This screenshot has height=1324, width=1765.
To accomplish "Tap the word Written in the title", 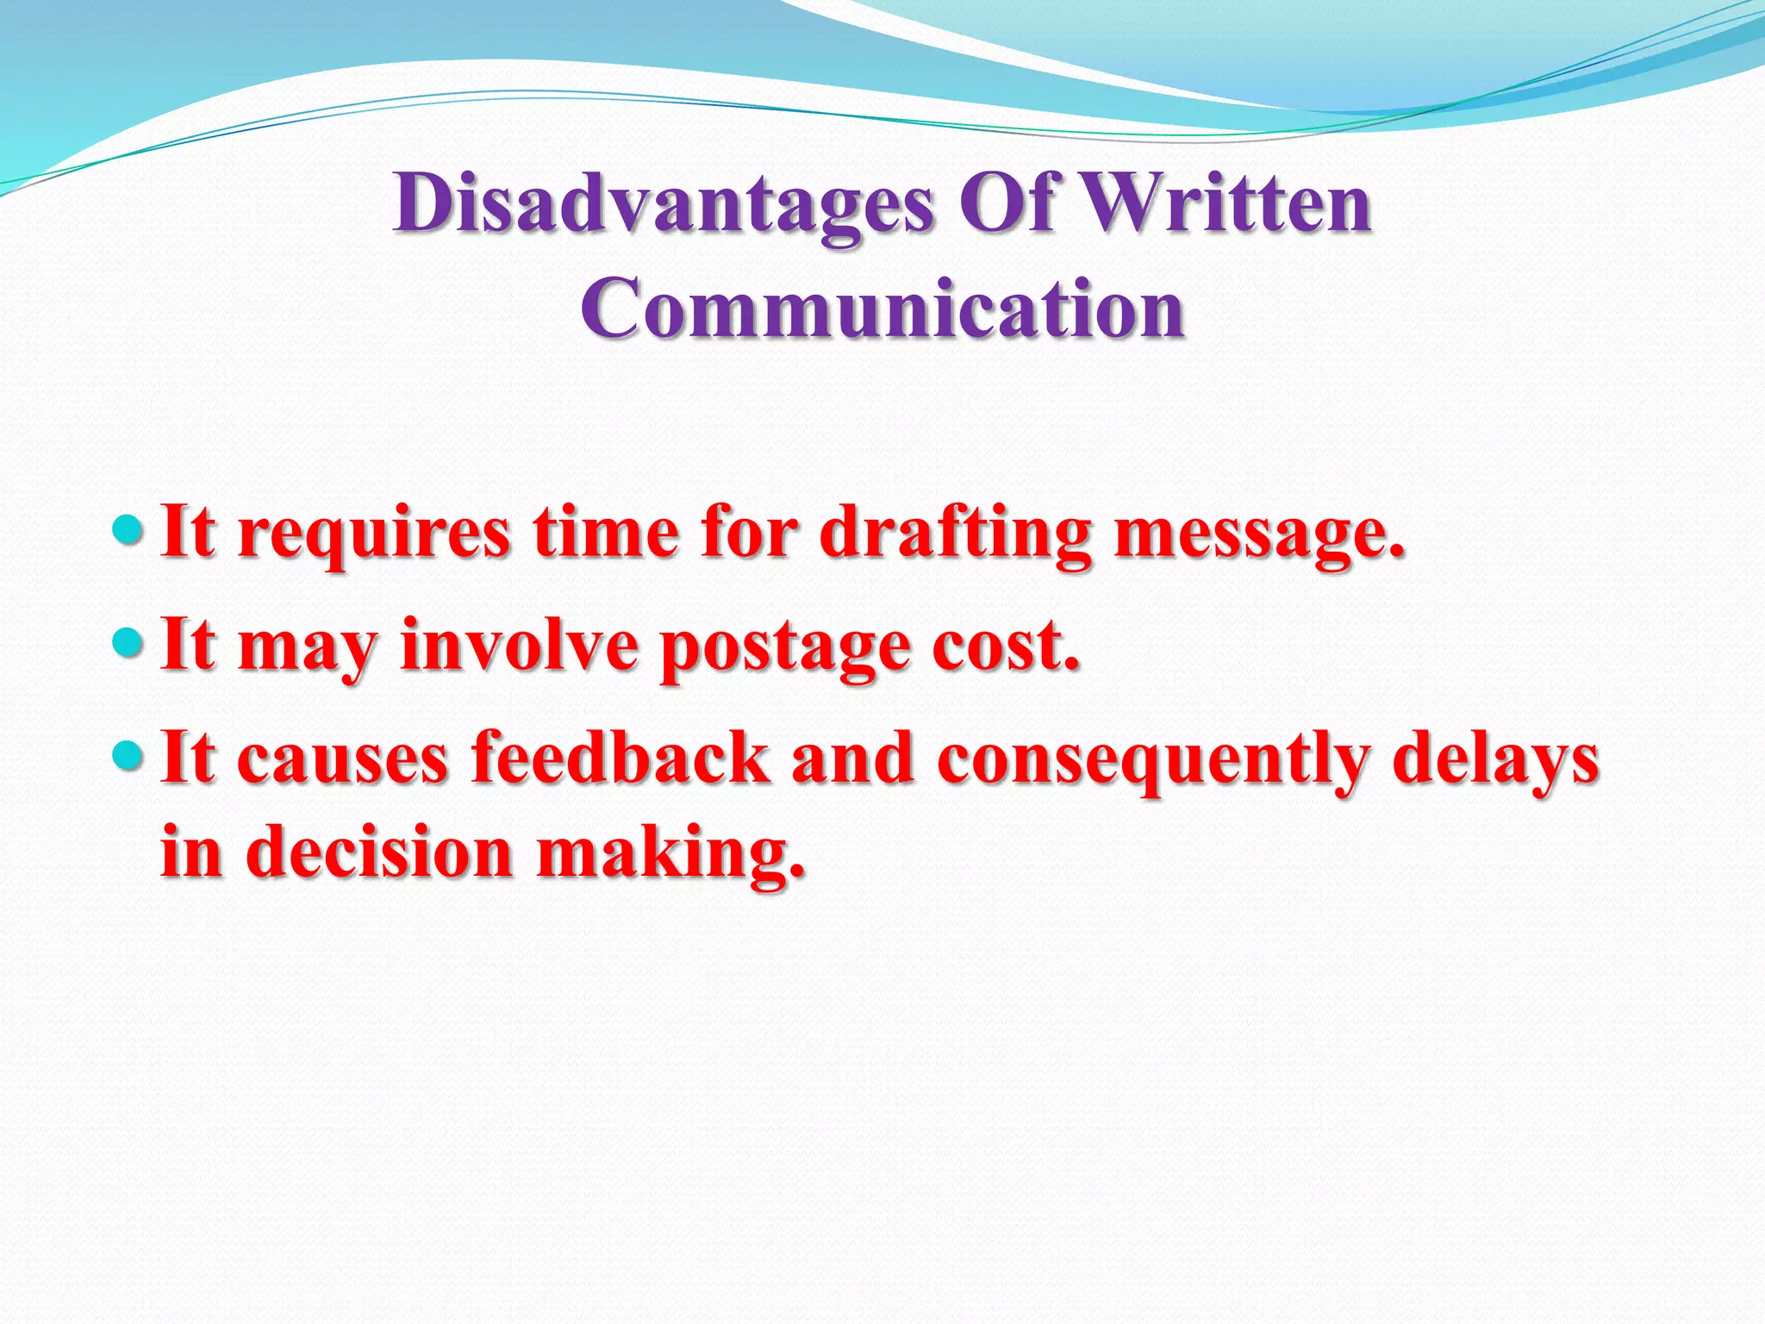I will pos(1225,204).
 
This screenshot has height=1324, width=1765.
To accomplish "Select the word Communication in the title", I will pos(882,309).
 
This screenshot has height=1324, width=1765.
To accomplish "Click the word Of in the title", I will pos(1007,204).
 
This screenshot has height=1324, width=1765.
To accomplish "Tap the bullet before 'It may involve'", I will pos(129,641).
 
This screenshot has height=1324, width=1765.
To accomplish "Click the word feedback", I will pos(621,759).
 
